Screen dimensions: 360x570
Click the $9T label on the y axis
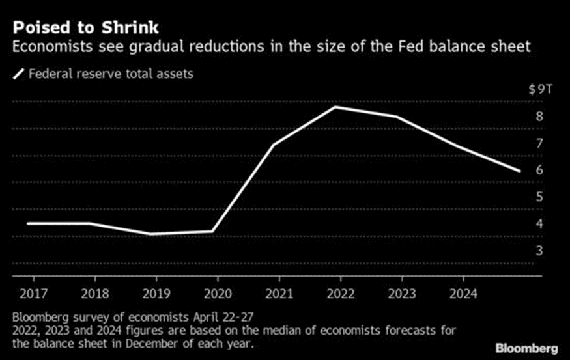tap(540, 89)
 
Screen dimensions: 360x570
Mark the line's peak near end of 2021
tap(335, 107)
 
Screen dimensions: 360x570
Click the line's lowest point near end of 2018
tap(150, 234)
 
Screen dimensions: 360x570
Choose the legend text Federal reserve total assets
tap(111, 74)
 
